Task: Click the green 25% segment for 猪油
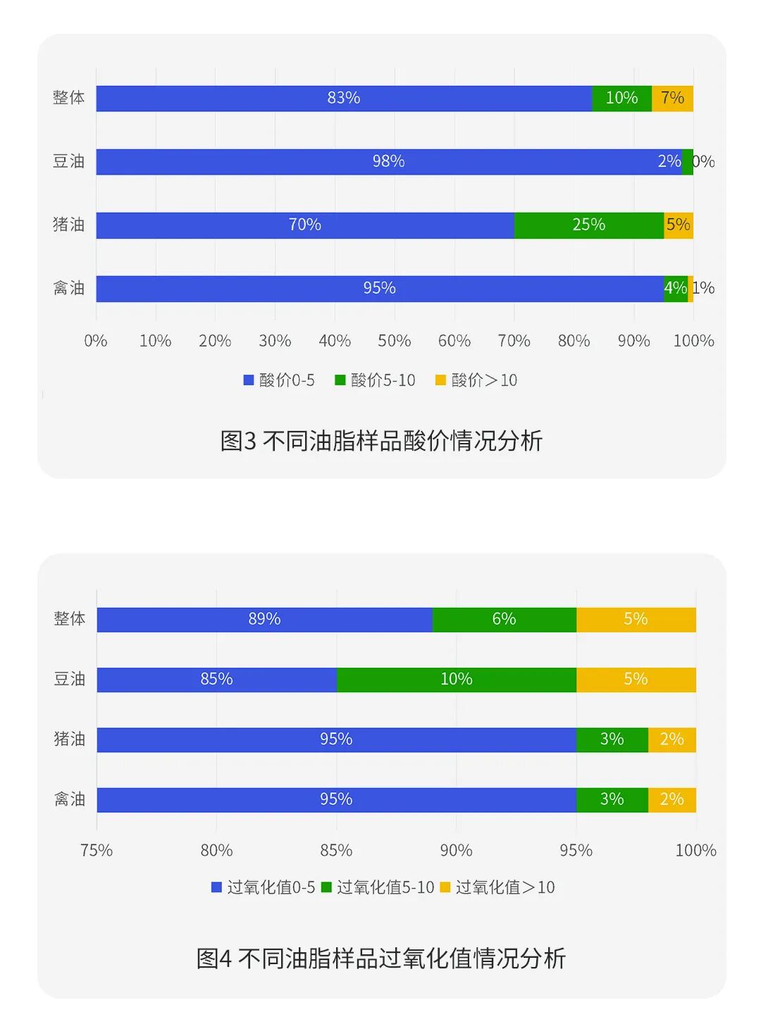pyautogui.click(x=588, y=225)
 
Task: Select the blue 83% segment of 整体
pyautogui.click(x=344, y=99)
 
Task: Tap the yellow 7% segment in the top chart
pyautogui.click(x=672, y=99)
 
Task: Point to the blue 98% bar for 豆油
pyautogui.click(x=388, y=162)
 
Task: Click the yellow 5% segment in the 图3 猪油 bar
pyautogui.click(x=679, y=225)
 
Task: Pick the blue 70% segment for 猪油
pyautogui.click(x=304, y=225)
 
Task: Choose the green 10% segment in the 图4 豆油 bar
pyautogui.click(x=456, y=680)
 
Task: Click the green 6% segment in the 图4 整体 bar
pyautogui.click(x=504, y=620)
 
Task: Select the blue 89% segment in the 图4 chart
pyautogui.click(x=264, y=620)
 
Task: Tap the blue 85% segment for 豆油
pyautogui.click(x=216, y=680)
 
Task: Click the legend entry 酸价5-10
pyautogui.click(x=376, y=380)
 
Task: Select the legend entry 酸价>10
pyautogui.click(x=477, y=380)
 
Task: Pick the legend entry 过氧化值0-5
pyautogui.click(x=264, y=887)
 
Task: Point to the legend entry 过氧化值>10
pyautogui.click(x=497, y=887)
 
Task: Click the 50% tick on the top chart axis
pyautogui.click(x=395, y=341)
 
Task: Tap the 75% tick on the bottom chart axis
pyautogui.click(x=97, y=850)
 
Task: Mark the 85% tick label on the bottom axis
pyautogui.click(x=336, y=850)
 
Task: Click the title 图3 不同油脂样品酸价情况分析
pyautogui.click(x=381, y=441)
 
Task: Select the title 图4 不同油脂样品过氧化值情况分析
pyautogui.click(x=381, y=959)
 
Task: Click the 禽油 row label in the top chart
pyautogui.click(x=68, y=288)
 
